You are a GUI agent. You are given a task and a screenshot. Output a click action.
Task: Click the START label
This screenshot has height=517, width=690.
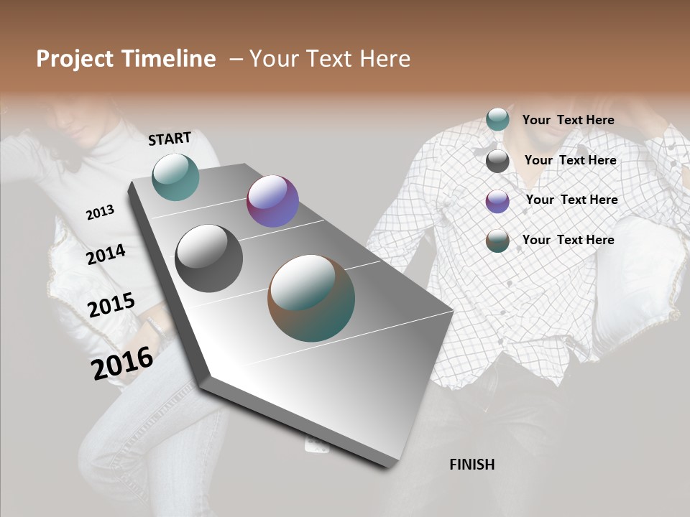(x=170, y=139)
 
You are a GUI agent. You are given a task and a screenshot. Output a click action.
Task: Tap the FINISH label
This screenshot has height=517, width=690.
(x=471, y=465)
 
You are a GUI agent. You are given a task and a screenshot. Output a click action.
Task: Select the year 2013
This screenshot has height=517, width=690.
(x=100, y=213)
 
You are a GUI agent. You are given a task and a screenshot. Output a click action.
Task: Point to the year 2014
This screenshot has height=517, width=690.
(x=106, y=254)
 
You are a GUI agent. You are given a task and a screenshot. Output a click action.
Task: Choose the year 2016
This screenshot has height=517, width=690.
(x=122, y=363)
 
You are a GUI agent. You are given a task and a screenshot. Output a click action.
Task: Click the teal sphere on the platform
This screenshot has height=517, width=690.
(x=175, y=177)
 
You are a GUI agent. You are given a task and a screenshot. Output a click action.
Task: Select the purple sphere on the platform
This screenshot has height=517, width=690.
(x=272, y=201)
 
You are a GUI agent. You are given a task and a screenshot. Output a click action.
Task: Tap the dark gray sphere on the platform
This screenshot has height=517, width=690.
(x=208, y=258)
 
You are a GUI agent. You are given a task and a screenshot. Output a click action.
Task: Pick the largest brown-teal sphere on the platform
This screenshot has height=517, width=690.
(x=311, y=298)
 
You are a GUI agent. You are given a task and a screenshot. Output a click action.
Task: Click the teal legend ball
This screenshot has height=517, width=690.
(x=497, y=119)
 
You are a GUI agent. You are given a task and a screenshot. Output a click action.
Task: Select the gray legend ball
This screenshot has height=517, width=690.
(x=497, y=161)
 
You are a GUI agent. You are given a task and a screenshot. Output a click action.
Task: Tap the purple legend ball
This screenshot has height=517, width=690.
(x=497, y=201)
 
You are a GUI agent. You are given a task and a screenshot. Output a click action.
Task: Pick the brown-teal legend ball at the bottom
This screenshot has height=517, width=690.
(x=497, y=241)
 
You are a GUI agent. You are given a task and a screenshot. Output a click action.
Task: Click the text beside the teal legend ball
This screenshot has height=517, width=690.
(x=568, y=120)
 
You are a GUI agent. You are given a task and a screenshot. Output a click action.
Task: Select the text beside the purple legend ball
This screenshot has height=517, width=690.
(x=571, y=200)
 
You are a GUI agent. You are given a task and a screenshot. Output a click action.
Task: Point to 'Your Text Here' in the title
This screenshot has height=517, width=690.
(x=329, y=59)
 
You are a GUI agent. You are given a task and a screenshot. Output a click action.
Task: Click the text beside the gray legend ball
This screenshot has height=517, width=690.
(x=570, y=160)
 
